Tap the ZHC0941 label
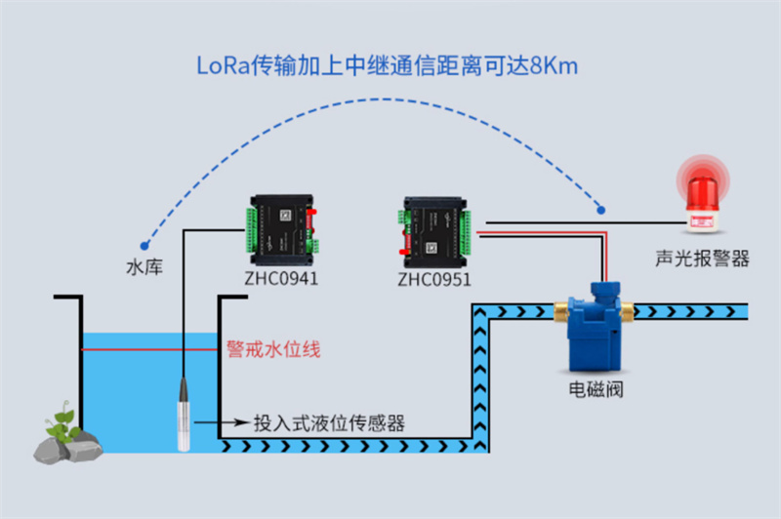pyautogui.click(x=281, y=277)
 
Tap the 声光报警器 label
pyautogui.click(x=702, y=259)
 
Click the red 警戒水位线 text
pyautogui.click(x=273, y=348)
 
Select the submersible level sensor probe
pyautogui.click(x=183, y=414)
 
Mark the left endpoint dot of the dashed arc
pyautogui.click(x=144, y=245)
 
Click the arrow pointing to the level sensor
pyautogui.click(x=221, y=424)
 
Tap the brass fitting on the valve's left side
pyautogui.click(x=560, y=311)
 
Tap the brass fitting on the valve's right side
pyautogui.click(x=625, y=311)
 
